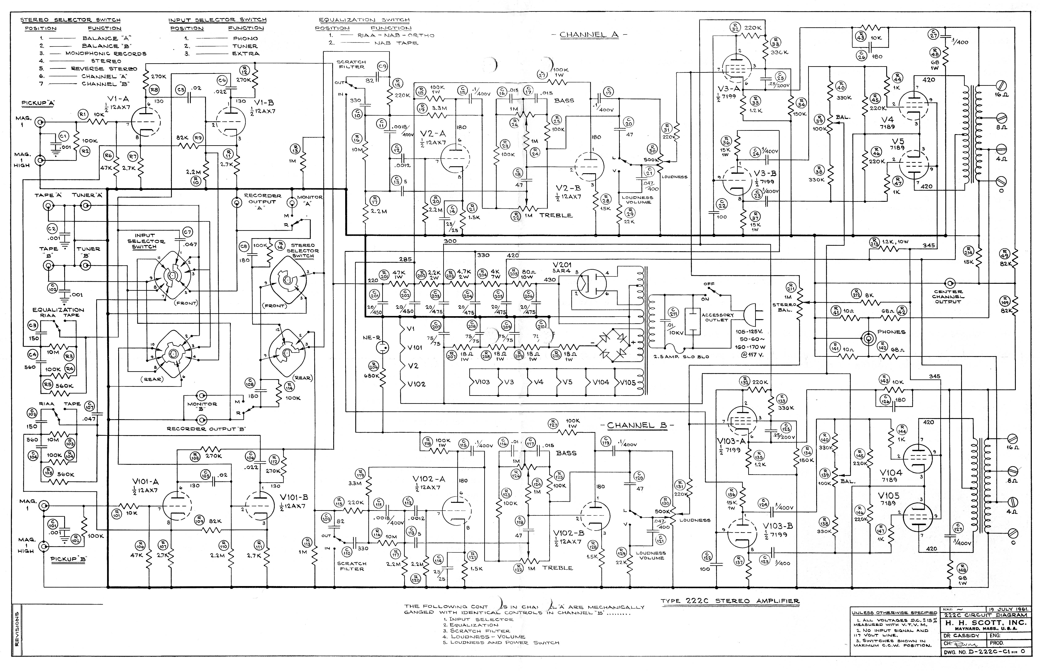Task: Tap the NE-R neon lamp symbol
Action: (382, 347)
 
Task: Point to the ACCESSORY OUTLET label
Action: (718, 317)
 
